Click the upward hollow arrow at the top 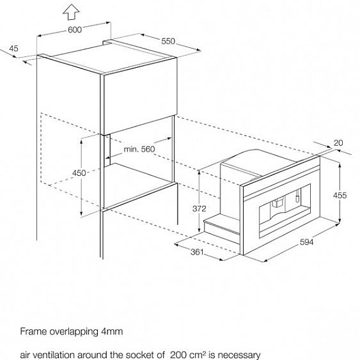(x=72, y=12)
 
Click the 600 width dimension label (x=75, y=29)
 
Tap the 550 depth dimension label (x=168, y=42)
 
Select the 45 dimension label (x=13, y=49)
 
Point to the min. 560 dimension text (x=139, y=149)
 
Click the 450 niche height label (x=79, y=173)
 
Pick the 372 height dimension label (x=199, y=208)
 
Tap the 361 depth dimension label (x=197, y=252)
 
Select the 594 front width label (x=306, y=242)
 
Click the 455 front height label (x=340, y=196)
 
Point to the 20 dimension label (x=338, y=143)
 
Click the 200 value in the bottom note (x=175, y=355)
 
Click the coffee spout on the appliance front (x=278, y=202)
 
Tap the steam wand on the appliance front (x=297, y=195)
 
